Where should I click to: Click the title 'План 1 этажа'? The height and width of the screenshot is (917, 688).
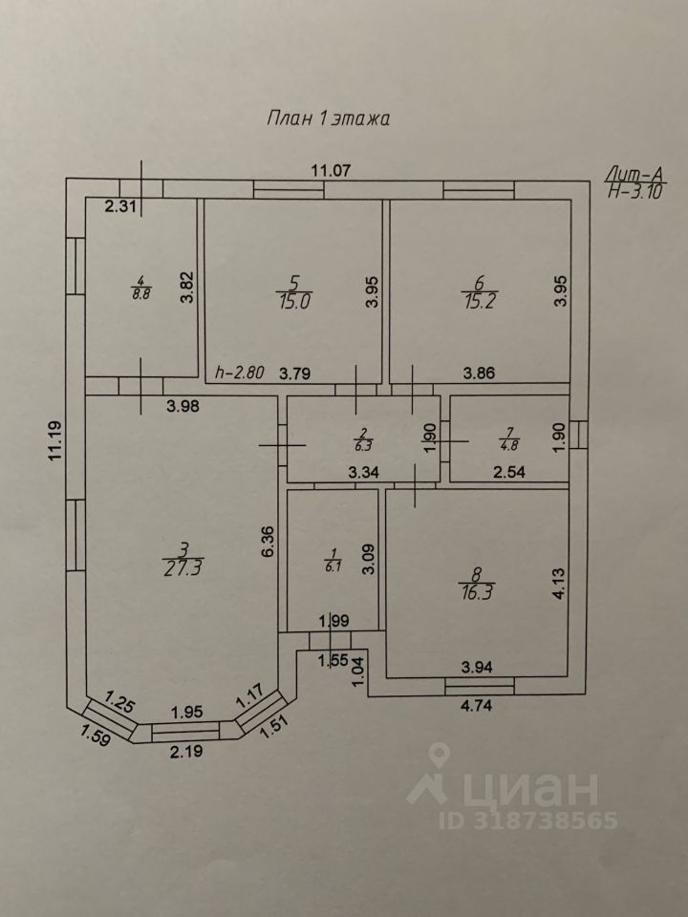click(x=327, y=119)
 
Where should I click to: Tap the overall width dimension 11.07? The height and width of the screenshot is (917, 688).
click(x=331, y=171)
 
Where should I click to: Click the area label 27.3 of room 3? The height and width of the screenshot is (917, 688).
click(x=184, y=565)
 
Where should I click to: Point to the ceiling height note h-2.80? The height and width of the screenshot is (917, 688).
click(x=240, y=373)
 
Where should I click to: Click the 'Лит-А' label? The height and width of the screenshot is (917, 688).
click(x=634, y=174)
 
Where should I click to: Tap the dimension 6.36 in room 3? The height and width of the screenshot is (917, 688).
click(x=269, y=541)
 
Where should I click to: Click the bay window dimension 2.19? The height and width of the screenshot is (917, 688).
click(x=186, y=751)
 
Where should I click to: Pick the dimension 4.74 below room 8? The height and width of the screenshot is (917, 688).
click(x=476, y=707)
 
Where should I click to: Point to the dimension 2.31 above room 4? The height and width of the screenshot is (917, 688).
click(x=122, y=205)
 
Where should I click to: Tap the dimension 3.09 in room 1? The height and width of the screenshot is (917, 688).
click(x=367, y=557)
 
